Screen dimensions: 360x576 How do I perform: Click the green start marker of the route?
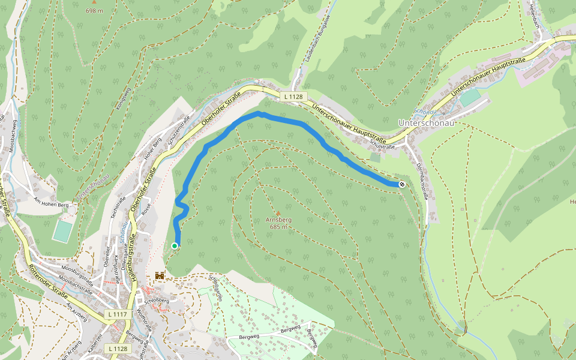pos(175,245)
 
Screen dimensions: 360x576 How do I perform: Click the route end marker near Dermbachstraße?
pos(401,184)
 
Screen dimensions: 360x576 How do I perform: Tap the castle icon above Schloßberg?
pos(160,275)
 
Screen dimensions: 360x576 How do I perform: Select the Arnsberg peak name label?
pos(278,220)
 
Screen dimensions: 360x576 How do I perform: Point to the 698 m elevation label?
pos(95,11)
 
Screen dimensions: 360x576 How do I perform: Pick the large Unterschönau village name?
pos(425,122)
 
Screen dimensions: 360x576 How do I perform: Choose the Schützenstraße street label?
pos(178,127)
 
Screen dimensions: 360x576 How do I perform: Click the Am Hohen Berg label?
pos(53,202)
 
